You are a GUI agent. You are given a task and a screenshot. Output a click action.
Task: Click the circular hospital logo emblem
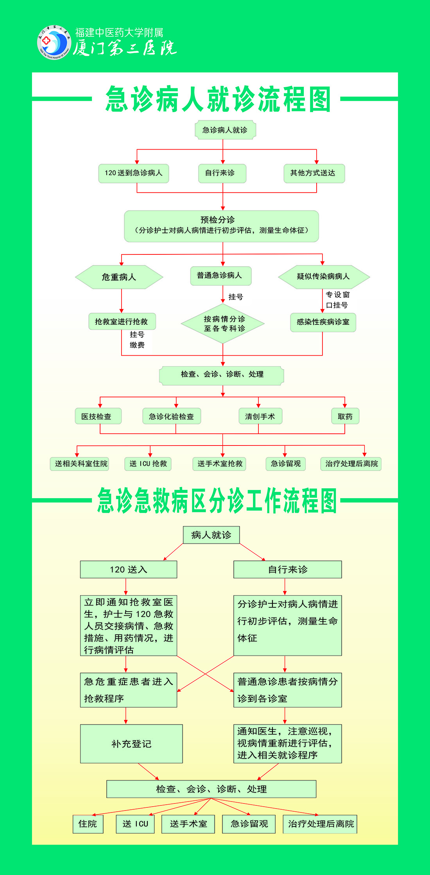coord(54,42)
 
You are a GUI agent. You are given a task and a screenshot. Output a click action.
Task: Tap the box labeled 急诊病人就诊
coord(225,130)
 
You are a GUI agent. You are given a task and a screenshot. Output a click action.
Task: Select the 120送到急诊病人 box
coord(134,173)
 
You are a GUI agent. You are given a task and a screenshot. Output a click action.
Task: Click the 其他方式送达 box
coord(314,173)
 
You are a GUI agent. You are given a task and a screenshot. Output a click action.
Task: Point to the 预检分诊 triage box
coord(221,226)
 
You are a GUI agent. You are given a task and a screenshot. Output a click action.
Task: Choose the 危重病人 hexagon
coord(119,277)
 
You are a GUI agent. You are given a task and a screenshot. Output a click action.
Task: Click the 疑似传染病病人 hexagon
coord(324,277)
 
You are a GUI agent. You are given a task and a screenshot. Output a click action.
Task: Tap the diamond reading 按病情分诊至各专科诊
coord(223,324)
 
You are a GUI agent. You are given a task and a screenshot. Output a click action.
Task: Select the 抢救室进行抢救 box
coord(122,322)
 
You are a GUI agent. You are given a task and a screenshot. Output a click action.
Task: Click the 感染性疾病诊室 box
coord(323,322)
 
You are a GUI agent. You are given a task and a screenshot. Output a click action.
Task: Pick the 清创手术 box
coord(260,417)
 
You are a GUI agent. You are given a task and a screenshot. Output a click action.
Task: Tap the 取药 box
coord(345,417)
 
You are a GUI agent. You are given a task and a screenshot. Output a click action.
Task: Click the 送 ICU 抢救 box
coord(148,464)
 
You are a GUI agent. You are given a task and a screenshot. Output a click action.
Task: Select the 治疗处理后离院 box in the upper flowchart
coord(351,464)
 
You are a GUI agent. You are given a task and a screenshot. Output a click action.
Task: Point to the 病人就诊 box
coord(211,535)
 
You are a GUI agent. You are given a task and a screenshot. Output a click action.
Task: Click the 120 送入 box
coord(128,569)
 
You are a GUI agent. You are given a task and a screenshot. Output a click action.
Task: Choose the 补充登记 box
coord(131,744)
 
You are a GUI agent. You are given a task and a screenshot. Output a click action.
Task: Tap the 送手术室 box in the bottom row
coord(188,824)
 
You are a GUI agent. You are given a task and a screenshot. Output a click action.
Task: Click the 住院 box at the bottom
coord(88,824)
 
